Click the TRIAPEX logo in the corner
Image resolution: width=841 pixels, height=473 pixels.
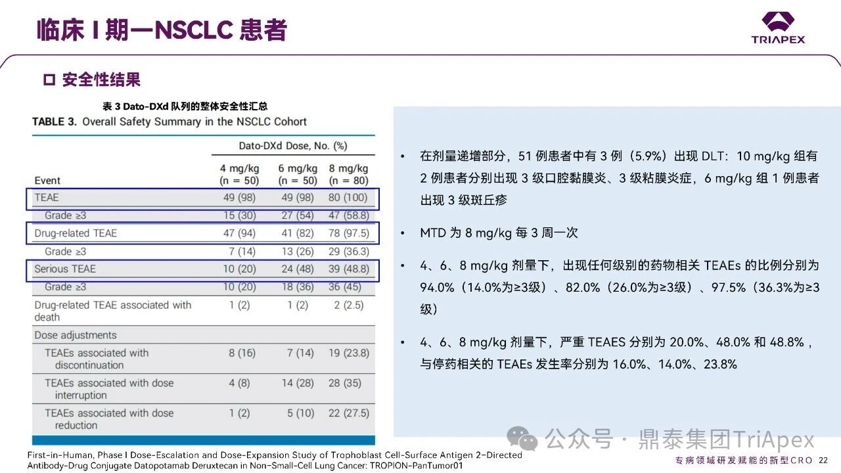tap(778, 28)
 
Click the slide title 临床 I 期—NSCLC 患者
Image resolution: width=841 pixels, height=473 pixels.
tap(162, 30)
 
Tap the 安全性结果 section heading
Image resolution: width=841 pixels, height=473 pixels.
tap(101, 80)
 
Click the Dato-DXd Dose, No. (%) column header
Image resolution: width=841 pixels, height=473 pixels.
tap(292, 145)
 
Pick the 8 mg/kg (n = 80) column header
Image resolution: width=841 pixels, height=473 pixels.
tap(349, 174)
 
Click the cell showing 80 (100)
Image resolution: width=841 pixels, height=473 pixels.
tap(349, 198)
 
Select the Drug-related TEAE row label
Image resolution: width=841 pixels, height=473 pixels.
tap(76, 233)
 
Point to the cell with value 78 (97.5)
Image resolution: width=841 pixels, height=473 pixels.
tap(349, 233)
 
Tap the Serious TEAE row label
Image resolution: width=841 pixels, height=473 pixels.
tap(65, 269)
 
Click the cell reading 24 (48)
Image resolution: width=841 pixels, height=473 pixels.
tap(297, 269)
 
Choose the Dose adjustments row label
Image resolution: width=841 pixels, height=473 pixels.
tap(76, 335)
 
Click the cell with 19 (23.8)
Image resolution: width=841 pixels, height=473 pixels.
tap(349, 353)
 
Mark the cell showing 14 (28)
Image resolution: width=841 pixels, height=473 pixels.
tap(297, 383)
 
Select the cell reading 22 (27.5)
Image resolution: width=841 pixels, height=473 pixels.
tap(349, 413)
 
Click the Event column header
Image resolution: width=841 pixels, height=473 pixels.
tap(47, 181)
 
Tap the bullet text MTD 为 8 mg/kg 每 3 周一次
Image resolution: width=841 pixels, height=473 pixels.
tap(499, 233)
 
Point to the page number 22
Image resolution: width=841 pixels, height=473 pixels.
tap(823, 460)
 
